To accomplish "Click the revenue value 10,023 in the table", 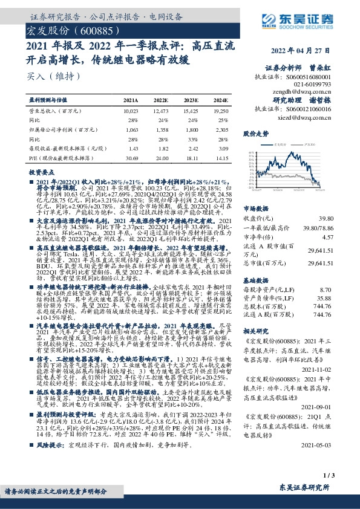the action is [131, 112].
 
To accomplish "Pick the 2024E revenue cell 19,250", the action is [221, 112].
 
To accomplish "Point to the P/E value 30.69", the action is [131, 158].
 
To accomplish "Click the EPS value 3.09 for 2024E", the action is [223, 149].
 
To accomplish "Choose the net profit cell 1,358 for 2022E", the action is [162, 130].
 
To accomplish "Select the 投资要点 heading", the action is [41, 173].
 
